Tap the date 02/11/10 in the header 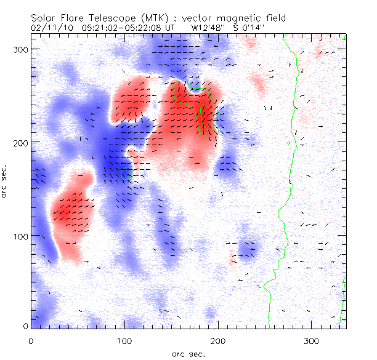[52, 28]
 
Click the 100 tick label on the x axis [124, 340]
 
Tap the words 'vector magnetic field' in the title [247, 19]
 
